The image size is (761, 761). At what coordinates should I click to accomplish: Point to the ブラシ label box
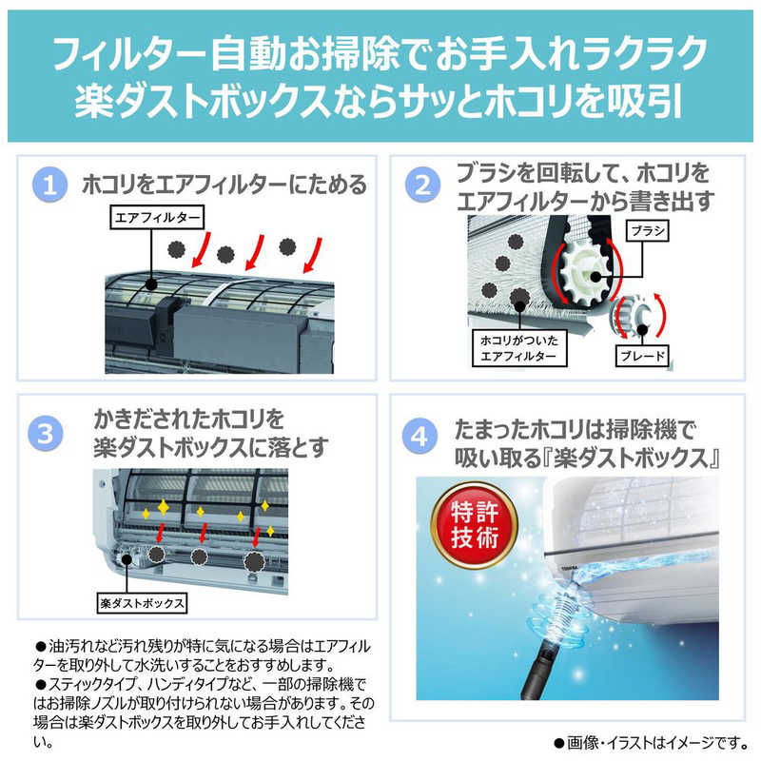[x=647, y=231]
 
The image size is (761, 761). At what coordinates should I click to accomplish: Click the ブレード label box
[x=640, y=357]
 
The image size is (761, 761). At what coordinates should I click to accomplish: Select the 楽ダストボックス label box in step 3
[x=141, y=602]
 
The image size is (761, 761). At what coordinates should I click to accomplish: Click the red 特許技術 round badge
[x=474, y=525]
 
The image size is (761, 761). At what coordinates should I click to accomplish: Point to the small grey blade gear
[x=629, y=319]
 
